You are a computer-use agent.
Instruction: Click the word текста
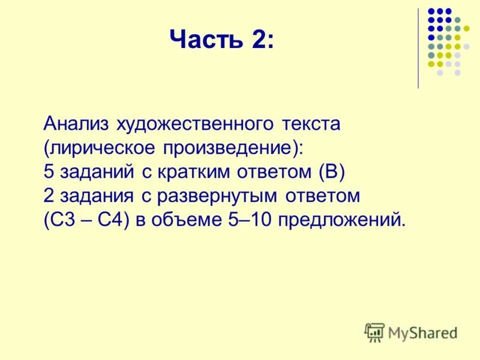[310, 124]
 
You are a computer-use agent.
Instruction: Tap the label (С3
[59, 220]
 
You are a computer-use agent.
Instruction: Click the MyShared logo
[412, 332]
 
